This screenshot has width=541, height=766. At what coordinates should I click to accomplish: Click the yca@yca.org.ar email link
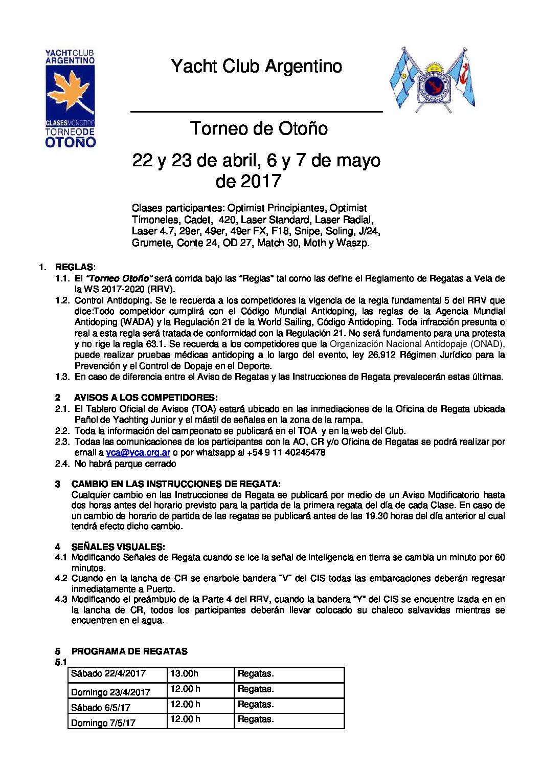(138, 452)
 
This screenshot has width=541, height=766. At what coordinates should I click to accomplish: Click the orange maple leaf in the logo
(70, 92)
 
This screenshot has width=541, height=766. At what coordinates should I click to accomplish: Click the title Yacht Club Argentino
(256, 66)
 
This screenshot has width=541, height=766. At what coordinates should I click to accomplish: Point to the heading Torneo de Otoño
(259, 128)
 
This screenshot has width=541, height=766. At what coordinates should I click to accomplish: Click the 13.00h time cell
(184, 674)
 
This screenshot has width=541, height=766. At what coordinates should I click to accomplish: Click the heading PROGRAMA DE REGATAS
(129, 651)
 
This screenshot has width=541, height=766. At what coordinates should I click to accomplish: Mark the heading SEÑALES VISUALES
(118, 546)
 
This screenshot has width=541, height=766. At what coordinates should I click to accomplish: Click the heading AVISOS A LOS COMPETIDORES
(146, 397)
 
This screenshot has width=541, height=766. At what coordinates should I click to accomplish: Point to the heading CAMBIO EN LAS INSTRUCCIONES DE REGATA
(176, 484)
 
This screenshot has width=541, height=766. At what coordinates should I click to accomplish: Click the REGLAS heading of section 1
(74, 267)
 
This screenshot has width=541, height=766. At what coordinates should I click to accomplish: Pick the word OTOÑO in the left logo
(70, 142)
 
